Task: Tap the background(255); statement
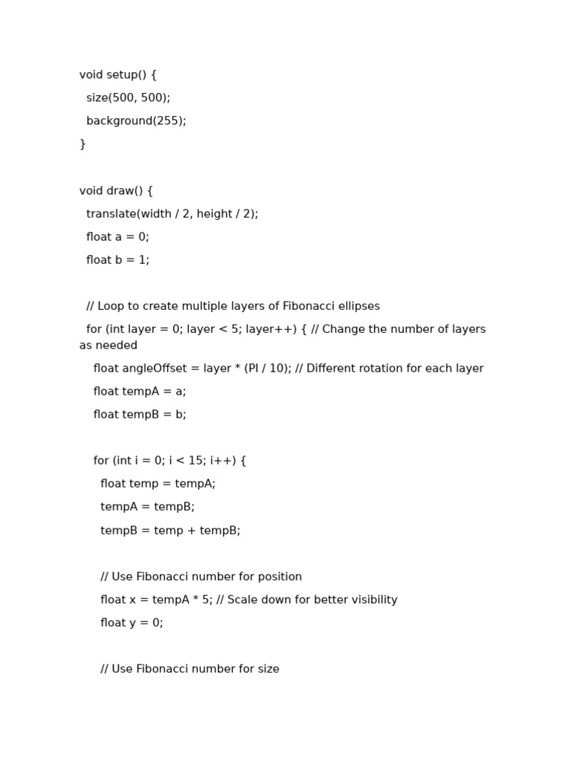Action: (x=136, y=121)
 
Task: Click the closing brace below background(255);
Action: (x=83, y=144)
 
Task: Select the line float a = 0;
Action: (x=117, y=237)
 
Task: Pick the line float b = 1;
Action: (x=117, y=260)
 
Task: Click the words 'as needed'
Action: (x=109, y=346)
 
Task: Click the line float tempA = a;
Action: (x=140, y=392)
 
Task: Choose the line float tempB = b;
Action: (x=140, y=415)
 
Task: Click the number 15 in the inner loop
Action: (x=198, y=461)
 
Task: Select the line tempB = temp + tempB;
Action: (x=170, y=531)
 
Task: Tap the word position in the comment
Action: (x=277, y=577)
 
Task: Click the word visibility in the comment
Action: (x=370, y=600)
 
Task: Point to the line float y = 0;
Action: (x=132, y=623)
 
